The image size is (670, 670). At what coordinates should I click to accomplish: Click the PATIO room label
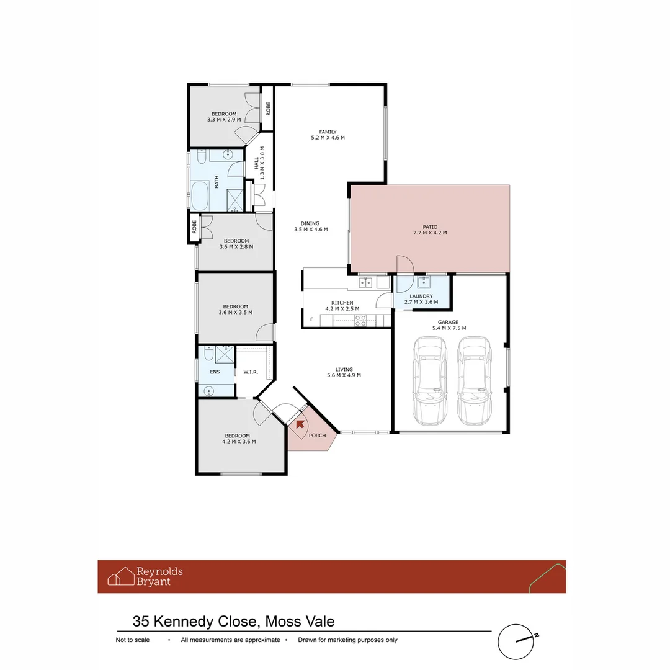tap(430, 230)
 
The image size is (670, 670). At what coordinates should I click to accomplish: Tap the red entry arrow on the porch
tap(300, 424)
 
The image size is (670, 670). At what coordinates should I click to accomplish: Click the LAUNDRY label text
tap(421, 297)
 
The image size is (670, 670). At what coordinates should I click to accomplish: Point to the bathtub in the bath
tap(200, 195)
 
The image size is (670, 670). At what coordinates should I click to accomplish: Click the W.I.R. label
tap(251, 372)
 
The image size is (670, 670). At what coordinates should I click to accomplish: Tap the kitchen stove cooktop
tap(360, 320)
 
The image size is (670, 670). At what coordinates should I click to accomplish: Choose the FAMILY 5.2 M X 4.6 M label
tap(328, 135)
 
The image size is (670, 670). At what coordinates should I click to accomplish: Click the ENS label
tap(215, 372)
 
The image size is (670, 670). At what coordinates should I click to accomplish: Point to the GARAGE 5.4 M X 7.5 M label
tap(449, 325)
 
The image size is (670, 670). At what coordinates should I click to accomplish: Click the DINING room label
tap(310, 226)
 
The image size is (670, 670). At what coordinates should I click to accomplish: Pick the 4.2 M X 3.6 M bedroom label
tap(239, 439)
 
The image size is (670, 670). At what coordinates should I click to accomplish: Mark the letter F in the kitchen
tap(311, 320)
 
